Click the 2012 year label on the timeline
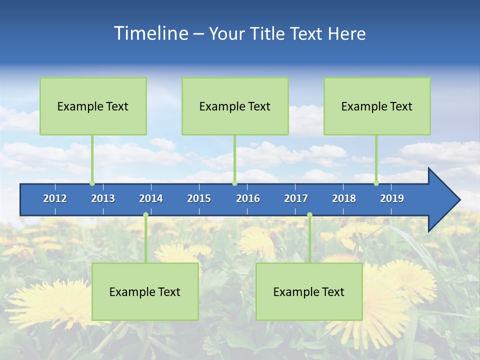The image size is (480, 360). (x=55, y=198)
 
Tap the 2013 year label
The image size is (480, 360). (x=103, y=198)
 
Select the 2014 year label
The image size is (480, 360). (x=151, y=198)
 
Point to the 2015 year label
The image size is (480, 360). (x=199, y=198)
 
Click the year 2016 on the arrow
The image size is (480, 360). (x=248, y=198)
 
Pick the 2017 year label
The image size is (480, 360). (x=296, y=198)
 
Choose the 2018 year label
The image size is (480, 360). (x=344, y=198)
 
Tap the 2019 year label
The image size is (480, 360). (x=392, y=198)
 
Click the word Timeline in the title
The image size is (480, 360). (x=150, y=33)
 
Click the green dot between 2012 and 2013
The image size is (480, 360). (x=92, y=183)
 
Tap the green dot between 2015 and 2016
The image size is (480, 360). (x=234, y=183)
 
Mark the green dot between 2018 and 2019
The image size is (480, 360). (x=376, y=183)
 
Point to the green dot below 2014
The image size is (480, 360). (x=145, y=215)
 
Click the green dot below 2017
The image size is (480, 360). (x=309, y=215)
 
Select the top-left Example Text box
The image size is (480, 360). (x=93, y=106)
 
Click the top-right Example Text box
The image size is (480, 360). (x=377, y=106)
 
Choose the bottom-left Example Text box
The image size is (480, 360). (x=145, y=291)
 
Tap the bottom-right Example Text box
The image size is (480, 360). (x=309, y=291)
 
